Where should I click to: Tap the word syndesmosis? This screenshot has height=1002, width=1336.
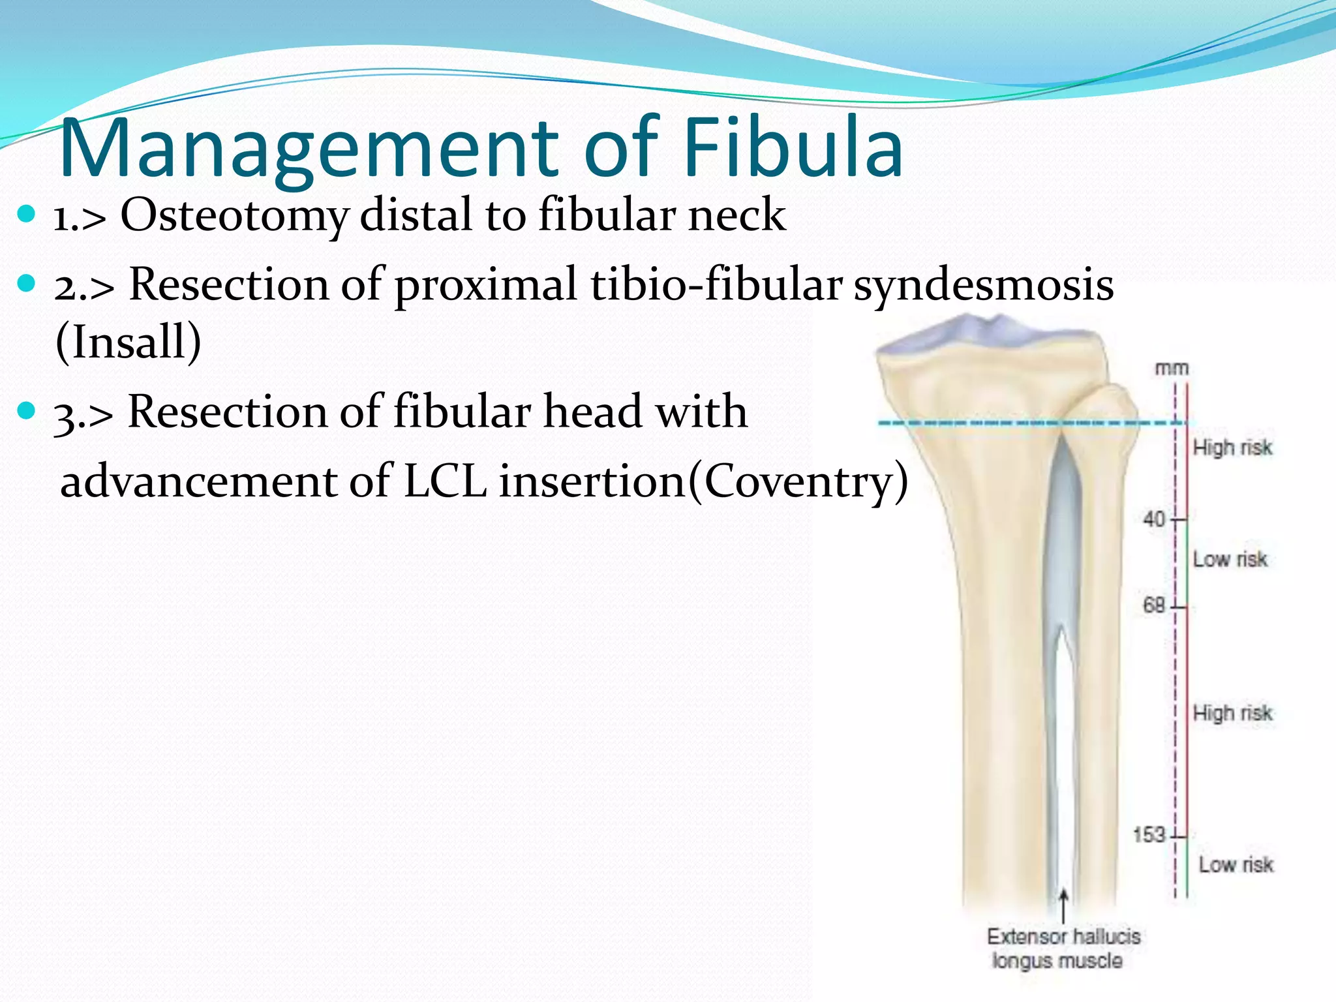(984, 286)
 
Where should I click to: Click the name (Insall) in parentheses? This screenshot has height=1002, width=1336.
(129, 342)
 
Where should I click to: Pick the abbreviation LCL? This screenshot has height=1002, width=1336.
(445, 481)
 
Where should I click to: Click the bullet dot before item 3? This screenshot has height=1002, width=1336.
(27, 411)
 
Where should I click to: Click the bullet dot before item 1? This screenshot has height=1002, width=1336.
(27, 213)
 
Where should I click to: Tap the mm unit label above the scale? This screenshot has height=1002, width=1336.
(1172, 369)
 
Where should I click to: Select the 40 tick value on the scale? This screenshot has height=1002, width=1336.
(1153, 519)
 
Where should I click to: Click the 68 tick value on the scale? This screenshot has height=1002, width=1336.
(1153, 605)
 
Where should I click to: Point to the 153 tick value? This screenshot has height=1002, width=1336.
(1149, 834)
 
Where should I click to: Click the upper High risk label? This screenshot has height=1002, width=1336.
(1232, 448)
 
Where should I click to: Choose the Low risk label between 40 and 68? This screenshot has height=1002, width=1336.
(1230, 559)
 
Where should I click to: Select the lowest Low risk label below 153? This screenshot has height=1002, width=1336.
(1236, 864)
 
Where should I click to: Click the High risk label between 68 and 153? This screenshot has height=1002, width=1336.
(1232, 713)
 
